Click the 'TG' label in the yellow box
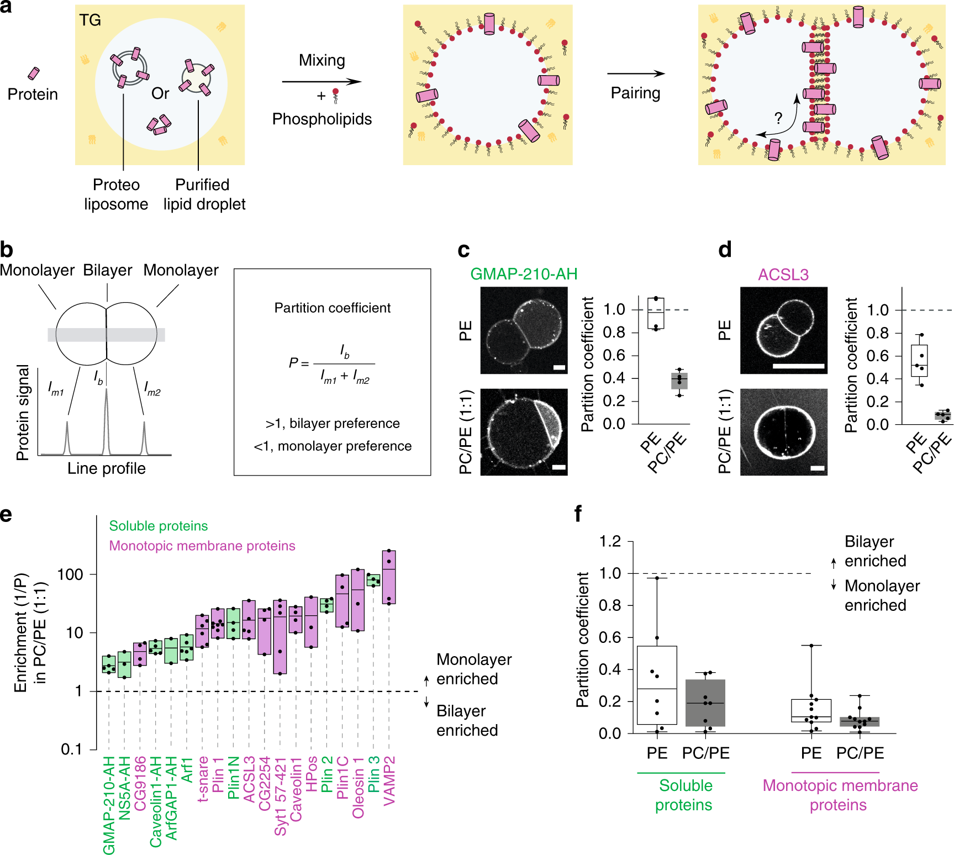coord(89,20)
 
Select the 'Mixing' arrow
coord(321,82)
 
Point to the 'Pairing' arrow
coord(635,73)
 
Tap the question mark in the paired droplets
coord(778,118)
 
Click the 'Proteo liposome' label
coord(116,194)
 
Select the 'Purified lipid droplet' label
coord(204,194)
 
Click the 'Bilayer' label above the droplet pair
coord(108,270)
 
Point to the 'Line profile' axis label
coord(107,468)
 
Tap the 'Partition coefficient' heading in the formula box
coord(332,308)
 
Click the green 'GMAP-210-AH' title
coord(524,274)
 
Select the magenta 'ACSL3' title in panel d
coord(783,275)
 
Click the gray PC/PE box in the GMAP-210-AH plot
coord(679,381)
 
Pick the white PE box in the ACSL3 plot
coord(919,361)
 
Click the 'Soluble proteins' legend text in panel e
coord(159,526)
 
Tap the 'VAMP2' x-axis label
coord(389,781)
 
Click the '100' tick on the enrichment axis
coord(70,574)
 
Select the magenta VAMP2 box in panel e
coord(389,577)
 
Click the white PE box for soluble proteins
coord(657,685)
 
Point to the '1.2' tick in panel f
coord(610,541)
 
